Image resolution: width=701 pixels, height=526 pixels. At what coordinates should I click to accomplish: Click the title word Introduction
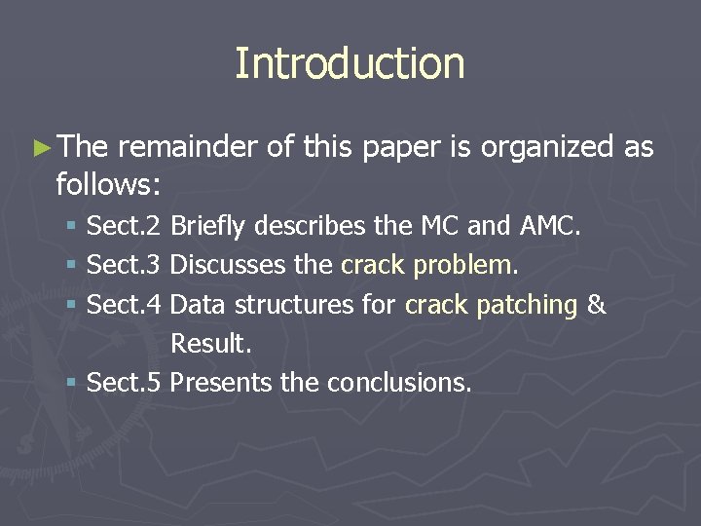coord(350,63)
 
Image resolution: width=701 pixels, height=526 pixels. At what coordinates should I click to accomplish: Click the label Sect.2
coord(124,227)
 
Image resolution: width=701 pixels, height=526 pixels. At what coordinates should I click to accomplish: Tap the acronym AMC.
coord(551,227)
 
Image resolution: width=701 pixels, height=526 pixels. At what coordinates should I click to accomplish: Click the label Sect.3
coord(124,265)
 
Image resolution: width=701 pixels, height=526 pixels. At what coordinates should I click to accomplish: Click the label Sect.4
coord(124,305)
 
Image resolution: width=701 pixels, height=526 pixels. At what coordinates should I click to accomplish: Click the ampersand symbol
coord(597,305)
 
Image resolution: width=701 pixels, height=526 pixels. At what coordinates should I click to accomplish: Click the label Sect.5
coord(124,383)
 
